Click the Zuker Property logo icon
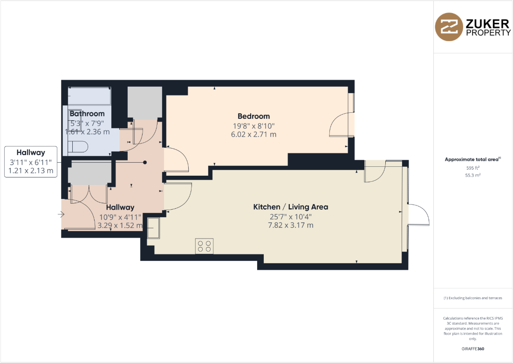(448, 27)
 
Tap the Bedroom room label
(253, 116)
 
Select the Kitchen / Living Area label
(290, 207)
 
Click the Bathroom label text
(87, 113)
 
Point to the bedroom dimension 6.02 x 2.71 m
(253, 135)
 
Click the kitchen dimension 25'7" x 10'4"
(290, 216)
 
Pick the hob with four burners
(204, 246)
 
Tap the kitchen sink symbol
(153, 228)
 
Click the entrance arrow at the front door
(61, 214)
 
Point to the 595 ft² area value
(473, 168)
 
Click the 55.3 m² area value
(473, 175)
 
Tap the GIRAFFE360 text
(473, 349)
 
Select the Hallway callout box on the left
(31, 161)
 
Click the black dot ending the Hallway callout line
(145, 162)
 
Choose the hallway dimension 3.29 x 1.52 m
(120, 225)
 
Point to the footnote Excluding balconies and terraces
(473, 298)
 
